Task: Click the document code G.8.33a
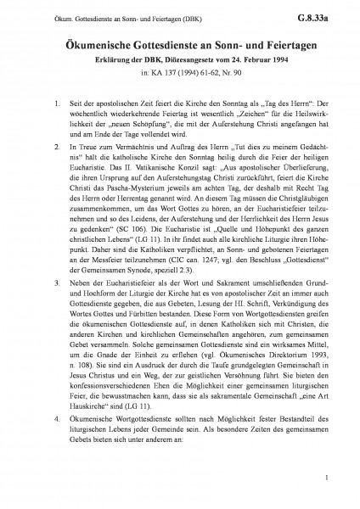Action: pyautogui.click(x=330, y=14)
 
